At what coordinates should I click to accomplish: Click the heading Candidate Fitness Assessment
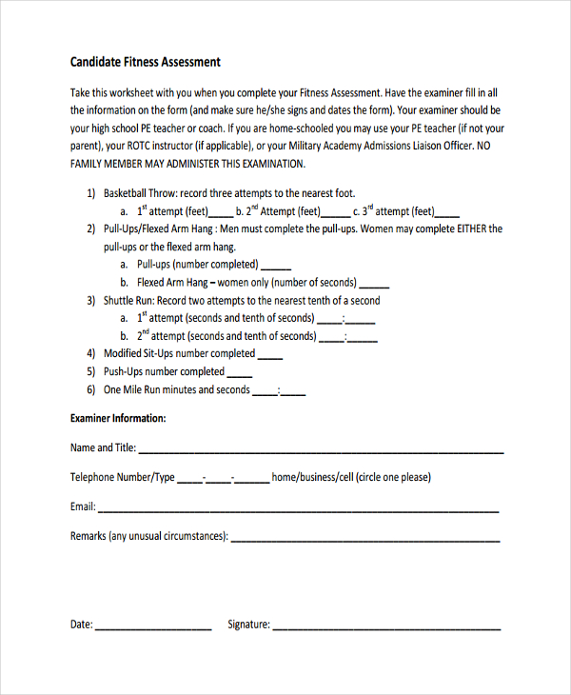(x=145, y=62)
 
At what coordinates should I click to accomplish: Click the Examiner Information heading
(x=118, y=418)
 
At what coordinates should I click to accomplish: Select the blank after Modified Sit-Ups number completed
(x=270, y=357)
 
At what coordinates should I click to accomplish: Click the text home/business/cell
(x=311, y=477)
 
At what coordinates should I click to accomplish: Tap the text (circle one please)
(x=392, y=477)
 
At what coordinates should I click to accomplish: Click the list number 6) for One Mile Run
(x=91, y=389)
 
